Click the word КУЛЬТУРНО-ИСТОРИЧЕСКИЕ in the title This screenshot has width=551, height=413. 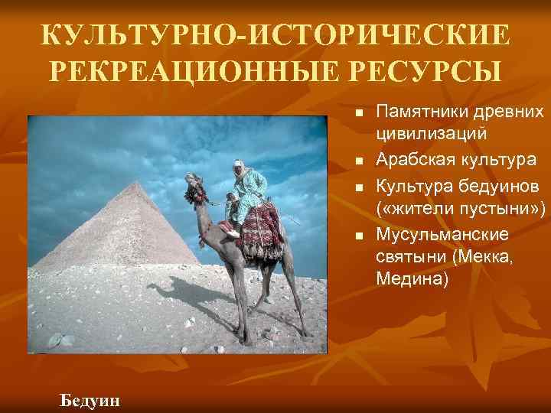pyautogui.click(x=275, y=35)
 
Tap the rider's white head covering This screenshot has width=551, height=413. pyautogui.click(x=244, y=167)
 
